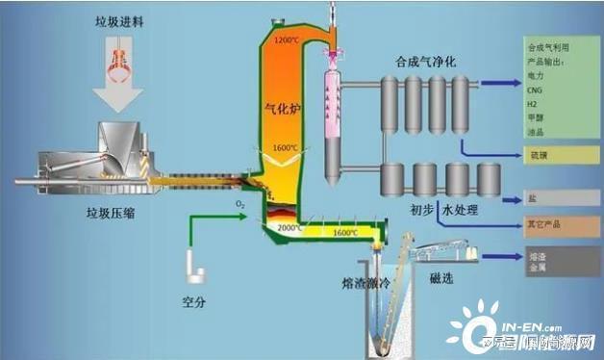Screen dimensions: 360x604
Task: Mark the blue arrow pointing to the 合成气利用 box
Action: pos(497,84)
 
